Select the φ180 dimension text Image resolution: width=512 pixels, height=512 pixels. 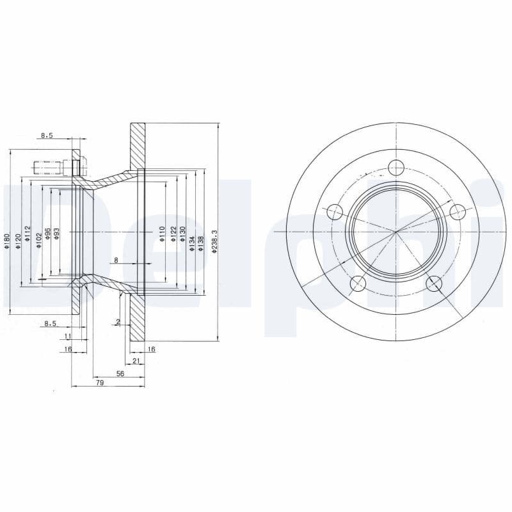point(7,242)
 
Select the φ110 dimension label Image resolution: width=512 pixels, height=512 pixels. point(163,232)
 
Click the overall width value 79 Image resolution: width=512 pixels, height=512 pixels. point(99,383)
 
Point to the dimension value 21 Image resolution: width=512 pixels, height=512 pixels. point(136,362)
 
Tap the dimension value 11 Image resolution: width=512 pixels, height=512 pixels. point(67,335)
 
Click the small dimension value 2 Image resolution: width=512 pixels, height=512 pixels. point(118,321)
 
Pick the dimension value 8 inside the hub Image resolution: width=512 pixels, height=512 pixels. point(115,259)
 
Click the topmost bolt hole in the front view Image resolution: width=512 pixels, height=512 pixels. point(397,167)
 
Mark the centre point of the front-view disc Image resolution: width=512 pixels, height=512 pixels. point(397,232)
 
